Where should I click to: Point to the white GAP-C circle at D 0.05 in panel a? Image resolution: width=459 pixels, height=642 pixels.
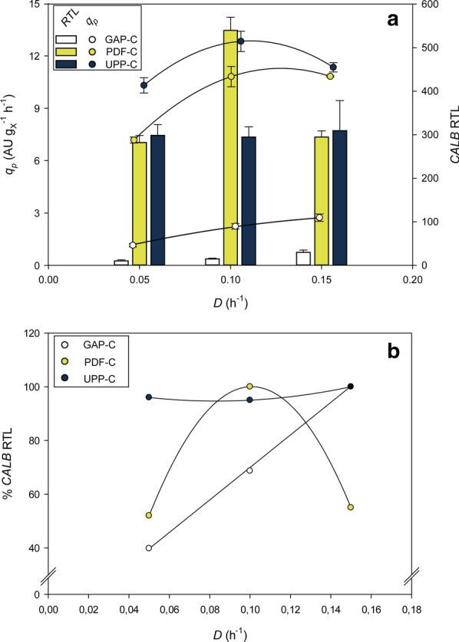(133, 245)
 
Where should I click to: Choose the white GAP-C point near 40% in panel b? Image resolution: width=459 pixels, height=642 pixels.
(149, 548)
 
